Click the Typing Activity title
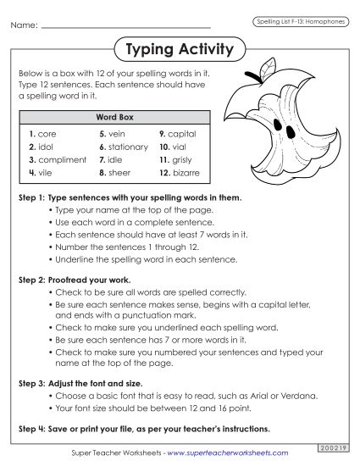(x=179, y=50)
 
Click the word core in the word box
(x=47, y=134)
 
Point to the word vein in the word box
(x=117, y=134)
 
